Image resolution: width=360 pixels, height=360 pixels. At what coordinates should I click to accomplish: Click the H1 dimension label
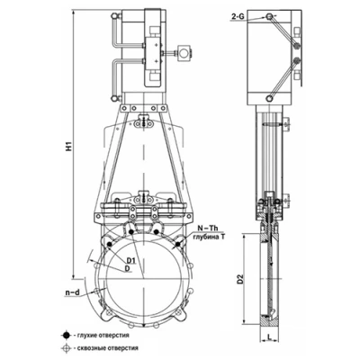[x=69, y=146]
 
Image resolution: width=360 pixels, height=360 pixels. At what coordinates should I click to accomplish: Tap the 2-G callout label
[x=238, y=18]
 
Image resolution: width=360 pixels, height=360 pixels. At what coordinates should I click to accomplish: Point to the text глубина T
[x=209, y=237]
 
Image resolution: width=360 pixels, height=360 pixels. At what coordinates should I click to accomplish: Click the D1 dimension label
[x=131, y=261]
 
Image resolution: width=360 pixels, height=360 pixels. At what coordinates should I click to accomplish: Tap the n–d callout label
[x=72, y=292]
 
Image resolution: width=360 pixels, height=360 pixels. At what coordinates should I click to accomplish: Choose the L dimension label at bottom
[x=269, y=337]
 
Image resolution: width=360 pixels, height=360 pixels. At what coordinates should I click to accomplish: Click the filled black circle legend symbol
[x=66, y=336]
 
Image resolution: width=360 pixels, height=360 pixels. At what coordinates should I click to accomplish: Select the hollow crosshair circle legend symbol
[x=66, y=348]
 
